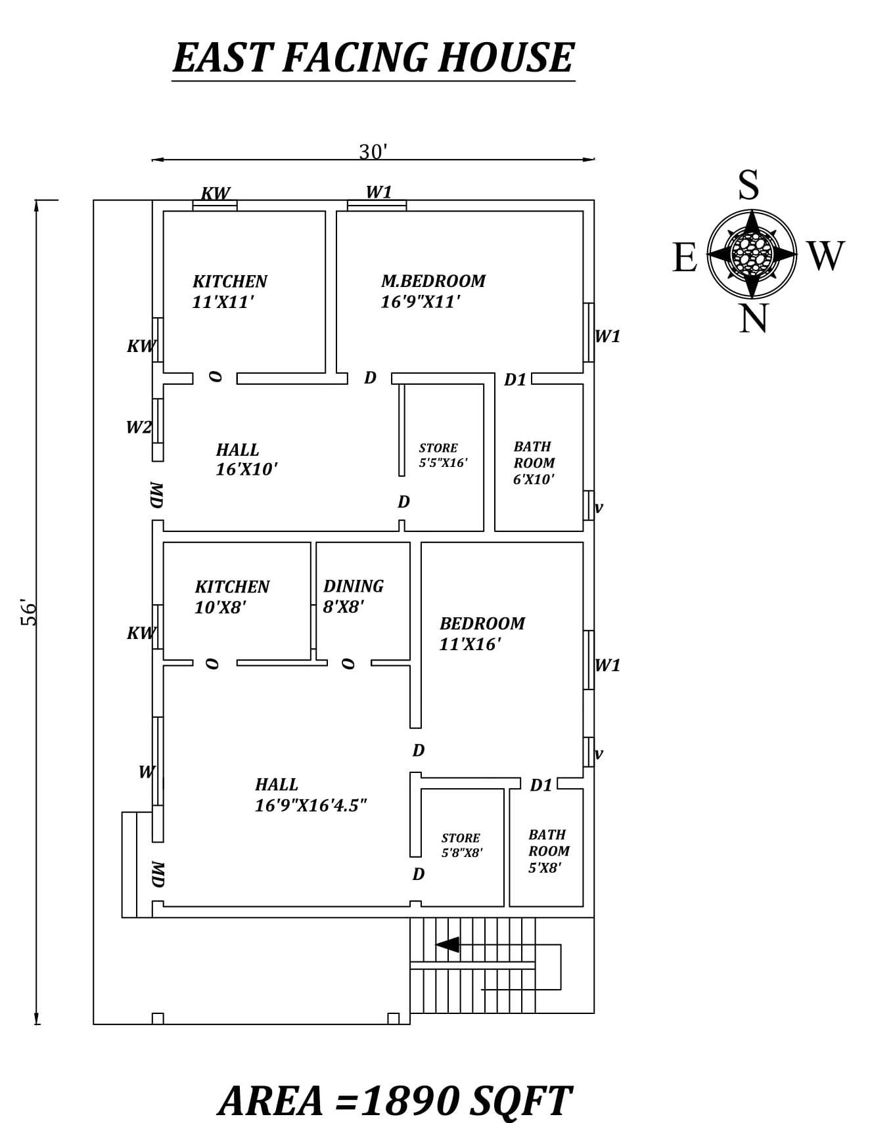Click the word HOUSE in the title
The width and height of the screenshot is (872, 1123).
(x=506, y=58)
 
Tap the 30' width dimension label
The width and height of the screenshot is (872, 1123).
(x=373, y=152)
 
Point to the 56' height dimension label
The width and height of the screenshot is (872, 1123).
(x=30, y=612)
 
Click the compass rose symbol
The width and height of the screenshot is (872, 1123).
(x=752, y=253)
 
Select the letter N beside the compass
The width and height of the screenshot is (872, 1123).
(x=753, y=320)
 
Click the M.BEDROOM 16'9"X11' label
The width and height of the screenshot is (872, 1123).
(x=432, y=291)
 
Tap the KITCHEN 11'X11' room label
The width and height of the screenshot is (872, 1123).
(x=229, y=292)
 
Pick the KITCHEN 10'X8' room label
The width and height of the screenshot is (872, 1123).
(x=231, y=596)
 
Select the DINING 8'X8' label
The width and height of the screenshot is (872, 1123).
(x=353, y=596)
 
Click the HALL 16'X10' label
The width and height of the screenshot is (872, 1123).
(x=246, y=459)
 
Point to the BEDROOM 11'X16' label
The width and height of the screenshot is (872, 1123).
(x=482, y=633)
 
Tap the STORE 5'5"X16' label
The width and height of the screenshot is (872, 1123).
(x=443, y=455)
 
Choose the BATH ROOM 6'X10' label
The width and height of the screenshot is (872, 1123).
(x=534, y=462)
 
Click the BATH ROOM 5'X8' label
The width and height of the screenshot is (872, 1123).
(x=549, y=850)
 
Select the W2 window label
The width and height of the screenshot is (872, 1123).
(x=139, y=428)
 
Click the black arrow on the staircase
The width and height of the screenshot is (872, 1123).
(x=448, y=944)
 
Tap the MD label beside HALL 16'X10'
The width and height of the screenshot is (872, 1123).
(x=156, y=495)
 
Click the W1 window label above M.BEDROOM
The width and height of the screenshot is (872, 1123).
(x=379, y=192)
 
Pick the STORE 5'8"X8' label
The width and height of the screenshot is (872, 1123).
(x=461, y=845)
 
